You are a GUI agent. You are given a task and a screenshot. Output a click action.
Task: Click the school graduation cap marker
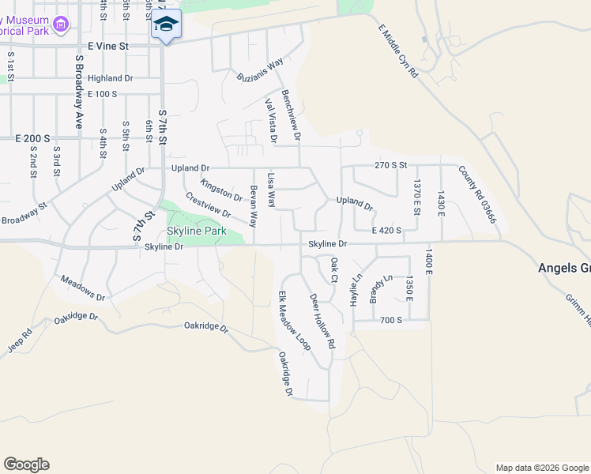point(166,24)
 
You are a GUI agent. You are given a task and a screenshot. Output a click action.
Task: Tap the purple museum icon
point(60,28)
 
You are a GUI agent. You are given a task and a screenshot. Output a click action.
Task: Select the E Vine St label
point(108,47)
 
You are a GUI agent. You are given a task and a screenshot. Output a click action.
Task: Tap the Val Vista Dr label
point(272,121)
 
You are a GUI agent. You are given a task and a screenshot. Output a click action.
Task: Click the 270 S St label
point(390,166)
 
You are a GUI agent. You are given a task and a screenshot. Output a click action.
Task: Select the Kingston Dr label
point(221,190)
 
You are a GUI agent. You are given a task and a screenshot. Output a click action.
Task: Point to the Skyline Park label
point(197,231)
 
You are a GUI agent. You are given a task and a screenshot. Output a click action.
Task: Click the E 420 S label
point(386,230)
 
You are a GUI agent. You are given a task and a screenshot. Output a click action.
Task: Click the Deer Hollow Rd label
point(322,322)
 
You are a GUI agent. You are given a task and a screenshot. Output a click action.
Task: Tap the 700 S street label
point(390,320)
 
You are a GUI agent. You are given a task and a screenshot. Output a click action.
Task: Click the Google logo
point(26,465)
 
